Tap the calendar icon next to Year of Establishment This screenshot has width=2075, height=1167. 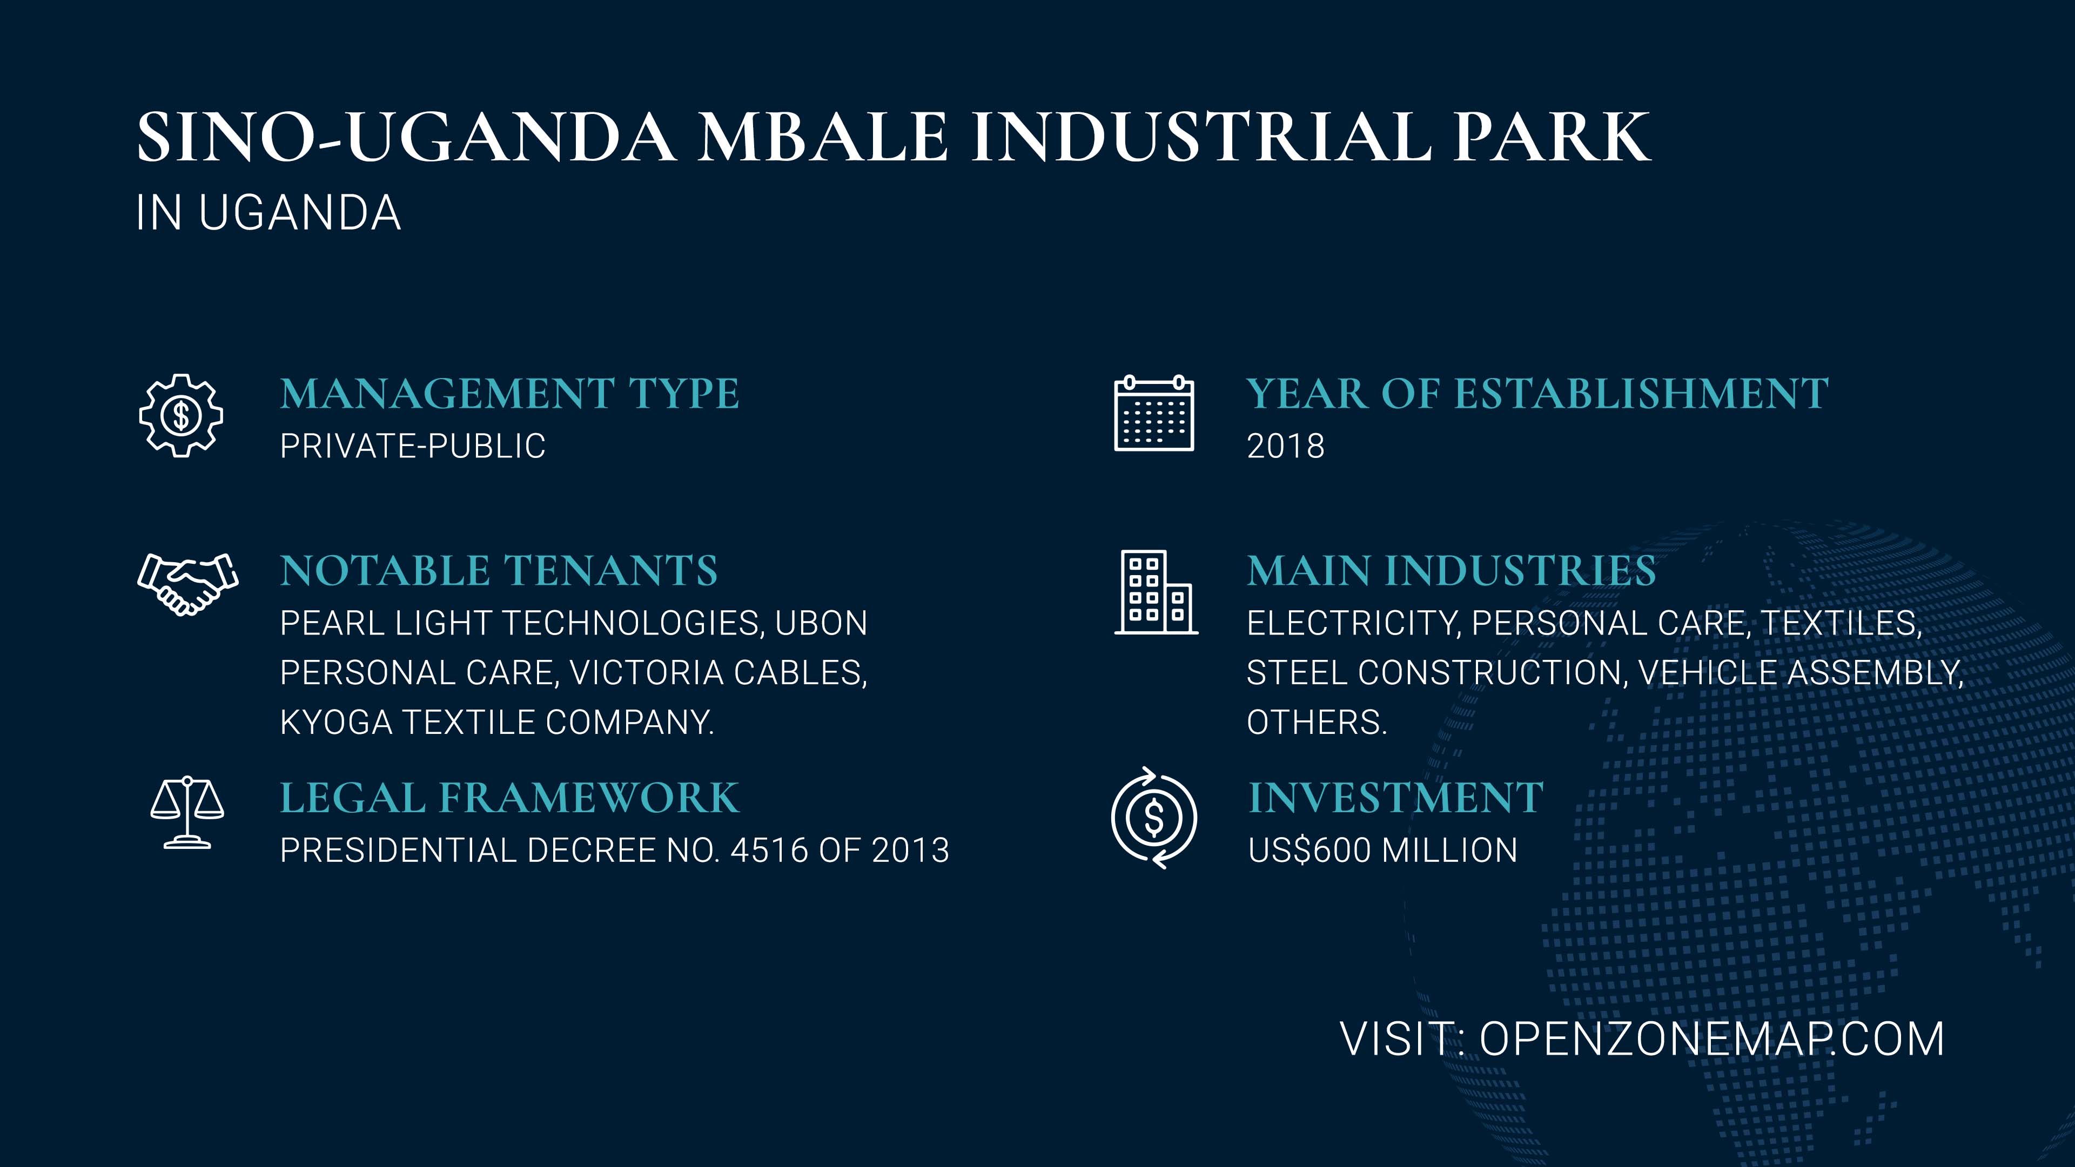pyautogui.click(x=1154, y=413)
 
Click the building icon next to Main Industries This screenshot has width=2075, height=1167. pyautogui.click(x=1156, y=593)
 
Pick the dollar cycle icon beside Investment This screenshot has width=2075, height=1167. pyautogui.click(x=1154, y=818)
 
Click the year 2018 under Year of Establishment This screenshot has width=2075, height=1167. pyautogui.click(x=1286, y=446)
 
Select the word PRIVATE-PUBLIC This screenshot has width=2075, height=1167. pyautogui.click(x=412, y=446)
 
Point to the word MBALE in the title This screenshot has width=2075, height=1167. pyautogui.click(x=822, y=137)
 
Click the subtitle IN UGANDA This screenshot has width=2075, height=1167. pyautogui.click(x=268, y=213)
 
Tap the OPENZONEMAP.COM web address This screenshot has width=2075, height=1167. pyautogui.click(x=1713, y=1039)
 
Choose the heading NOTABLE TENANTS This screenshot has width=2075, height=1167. pyautogui.click(x=499, y=571)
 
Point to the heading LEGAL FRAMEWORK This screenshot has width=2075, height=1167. pyautogui.click(x=509, y=798)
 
